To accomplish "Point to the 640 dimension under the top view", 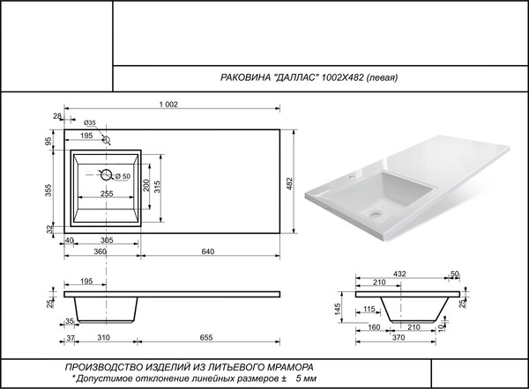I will point(208,252).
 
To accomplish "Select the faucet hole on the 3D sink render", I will point(351,178).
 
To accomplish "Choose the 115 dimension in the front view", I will point(369,308).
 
